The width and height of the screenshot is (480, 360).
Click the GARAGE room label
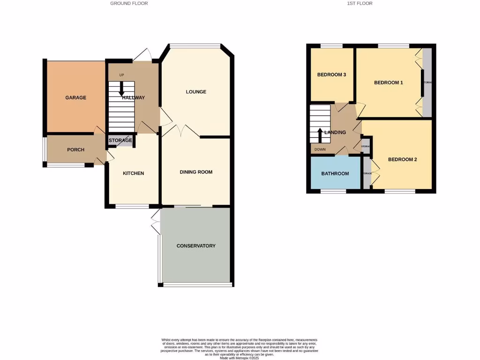(x=75, y=97)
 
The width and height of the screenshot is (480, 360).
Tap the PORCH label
(x=75, y=150)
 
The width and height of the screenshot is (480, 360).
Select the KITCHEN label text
(x=133, y=173)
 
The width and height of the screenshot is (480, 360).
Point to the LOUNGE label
(x=196, y=92)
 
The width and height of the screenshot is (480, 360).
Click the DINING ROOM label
(x=196, y=172)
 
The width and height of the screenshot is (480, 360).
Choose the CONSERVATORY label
(x=196, y=246)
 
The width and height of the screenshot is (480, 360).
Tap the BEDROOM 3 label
(x=331, y=75)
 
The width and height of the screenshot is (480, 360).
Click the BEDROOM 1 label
(x=388, y=82)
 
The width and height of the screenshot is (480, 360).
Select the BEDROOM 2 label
(x=402, y=159)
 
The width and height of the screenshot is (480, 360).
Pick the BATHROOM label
(x=335, y=173)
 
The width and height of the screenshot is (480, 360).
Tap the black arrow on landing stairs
(x=321, y=135)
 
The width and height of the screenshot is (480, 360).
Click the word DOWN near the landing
(x=320, y=150)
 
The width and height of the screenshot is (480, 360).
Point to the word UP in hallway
(x=121, y=75)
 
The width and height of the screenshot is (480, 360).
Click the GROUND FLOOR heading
(x=129, y=3)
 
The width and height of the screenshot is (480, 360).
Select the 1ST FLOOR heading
(x=360, y=3)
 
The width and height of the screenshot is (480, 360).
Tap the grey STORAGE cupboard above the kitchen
(x=120, y=140)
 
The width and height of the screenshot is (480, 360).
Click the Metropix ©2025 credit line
(x=239, y=357)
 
